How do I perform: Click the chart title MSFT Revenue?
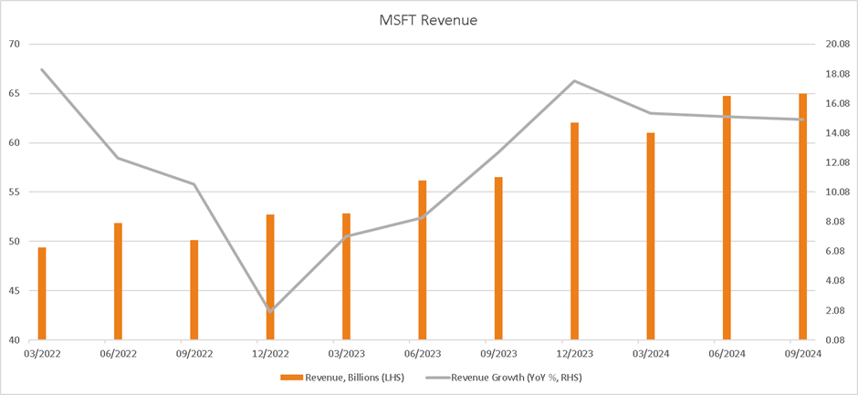click(429, 19)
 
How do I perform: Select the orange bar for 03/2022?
click(42, 293)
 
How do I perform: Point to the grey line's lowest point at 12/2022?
click(270, 312)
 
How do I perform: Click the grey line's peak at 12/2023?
click(574, 81)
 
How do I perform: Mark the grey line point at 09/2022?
click(194, 184)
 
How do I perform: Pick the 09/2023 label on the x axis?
click(498, 353)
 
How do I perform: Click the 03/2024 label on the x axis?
click(651, 353)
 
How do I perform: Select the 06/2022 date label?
click(118, 353)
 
